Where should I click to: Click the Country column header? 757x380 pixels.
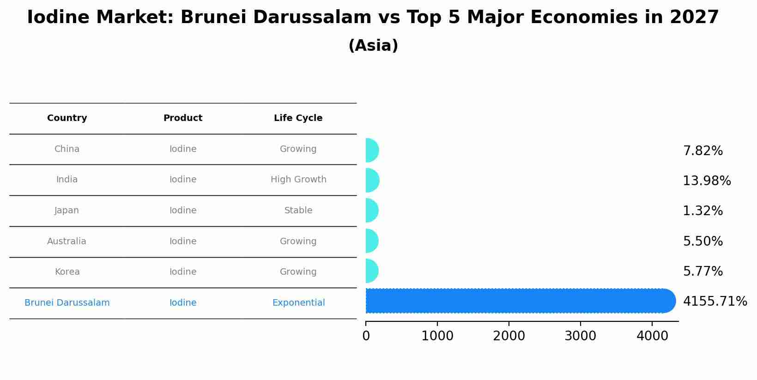click(67, 118)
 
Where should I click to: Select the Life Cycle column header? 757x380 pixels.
click(298, 118)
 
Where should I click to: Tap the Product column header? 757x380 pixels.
click(183, 118)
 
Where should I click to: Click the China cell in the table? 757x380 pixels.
click(67, 149)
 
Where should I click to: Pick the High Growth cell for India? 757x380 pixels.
click(298, 180)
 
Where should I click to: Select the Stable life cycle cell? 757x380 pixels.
click(298, 211)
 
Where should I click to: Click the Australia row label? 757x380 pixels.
click(67, 241)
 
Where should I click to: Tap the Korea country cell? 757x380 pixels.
click(67, 272)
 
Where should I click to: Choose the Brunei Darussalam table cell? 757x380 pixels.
click(67, 303)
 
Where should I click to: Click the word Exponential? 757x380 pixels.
click(298, 303)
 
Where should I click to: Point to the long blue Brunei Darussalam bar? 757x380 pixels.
click(517, 301)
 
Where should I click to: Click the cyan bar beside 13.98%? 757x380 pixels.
click(372, 180)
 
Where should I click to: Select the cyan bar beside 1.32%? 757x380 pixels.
click(371, 211)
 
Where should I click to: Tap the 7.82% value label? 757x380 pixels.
click(702, 151)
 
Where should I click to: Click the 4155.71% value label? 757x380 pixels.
click(715, 302)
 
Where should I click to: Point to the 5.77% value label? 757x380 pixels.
click(702, 271)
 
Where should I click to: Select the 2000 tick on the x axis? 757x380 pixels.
click(509, 336)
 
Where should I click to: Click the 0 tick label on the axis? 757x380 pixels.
click(366, 336)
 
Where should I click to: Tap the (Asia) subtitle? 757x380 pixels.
click(373, 46)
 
